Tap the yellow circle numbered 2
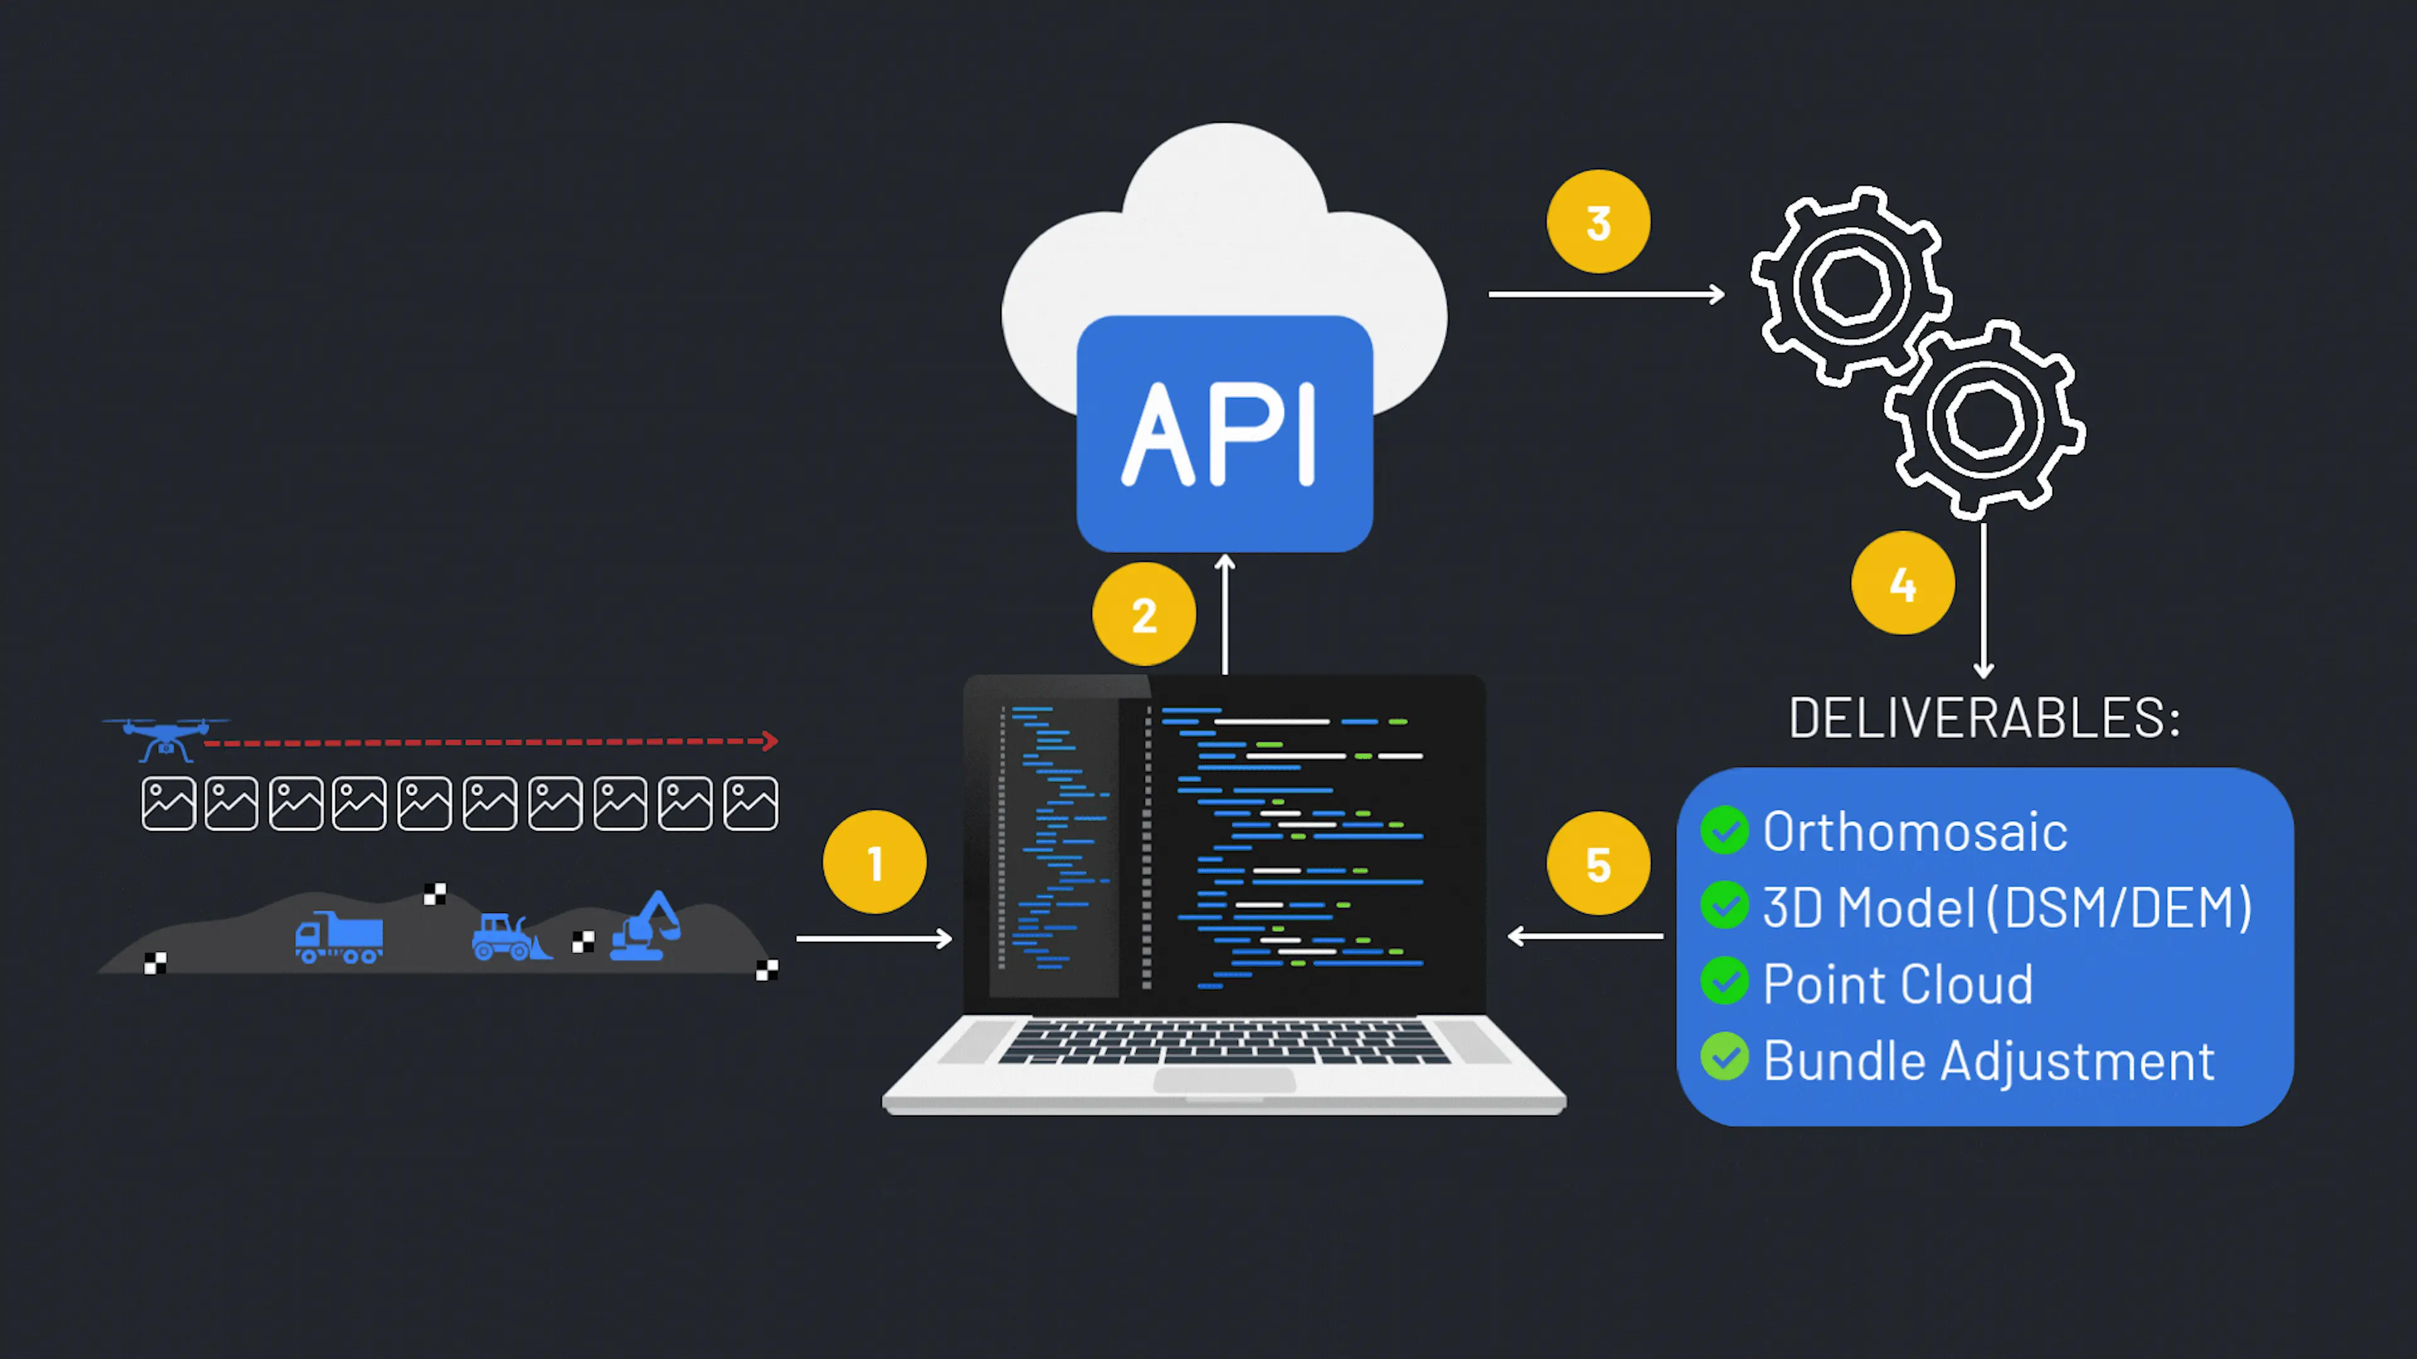(x=1144, y=614)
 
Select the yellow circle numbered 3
(x=1598, y=221)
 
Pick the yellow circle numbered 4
(x=1903, y=583)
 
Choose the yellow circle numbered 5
(x=1598, y=863)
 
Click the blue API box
(x=1224, y=433)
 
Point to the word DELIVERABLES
(x=1983, y=719)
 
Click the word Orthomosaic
(x=1914, y=832)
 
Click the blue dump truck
(x=339, y=937)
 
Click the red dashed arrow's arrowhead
(x=770, y=741)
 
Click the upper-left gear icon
(x=1849, y=285)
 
